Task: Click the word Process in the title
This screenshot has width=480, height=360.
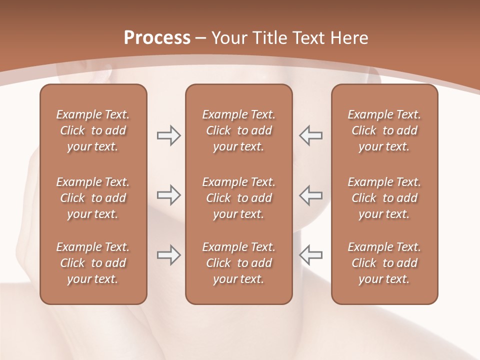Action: pos(157,38)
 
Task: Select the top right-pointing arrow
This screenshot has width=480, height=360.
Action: pos(168,135)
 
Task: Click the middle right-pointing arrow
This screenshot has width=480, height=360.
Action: pos(168,195)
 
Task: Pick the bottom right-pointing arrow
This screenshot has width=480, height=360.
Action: pos(168,255)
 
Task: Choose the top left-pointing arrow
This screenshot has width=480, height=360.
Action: pos(310,135)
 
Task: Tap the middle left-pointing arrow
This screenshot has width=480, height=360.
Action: pos(310,195)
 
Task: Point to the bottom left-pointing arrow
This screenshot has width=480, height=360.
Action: pos(310,255)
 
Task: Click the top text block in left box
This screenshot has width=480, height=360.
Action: pos(93,130)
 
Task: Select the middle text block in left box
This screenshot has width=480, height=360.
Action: pos(93,198)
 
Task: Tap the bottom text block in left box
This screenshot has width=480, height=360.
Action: pos(93,263)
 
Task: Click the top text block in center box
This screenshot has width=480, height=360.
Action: pos(238,130)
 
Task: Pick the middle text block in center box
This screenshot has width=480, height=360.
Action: pos(238,198)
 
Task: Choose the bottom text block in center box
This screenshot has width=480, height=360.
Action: pos(238,263)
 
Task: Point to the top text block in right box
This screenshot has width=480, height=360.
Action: pos(384,130)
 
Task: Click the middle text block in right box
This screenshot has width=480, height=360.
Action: pos(384,198)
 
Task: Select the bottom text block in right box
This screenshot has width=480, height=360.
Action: pos(384,263)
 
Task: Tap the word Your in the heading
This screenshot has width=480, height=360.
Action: pos(228,38)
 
